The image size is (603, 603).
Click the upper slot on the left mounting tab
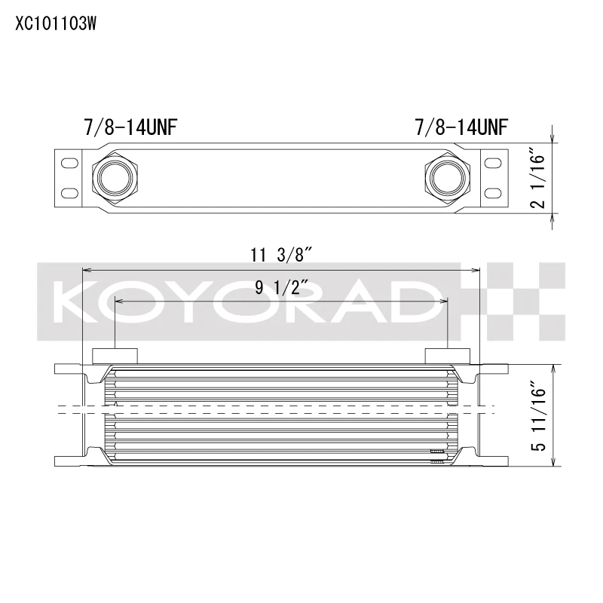pos(69,162)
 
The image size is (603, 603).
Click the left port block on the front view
pos(115,355)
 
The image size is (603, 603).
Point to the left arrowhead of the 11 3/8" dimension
pos(86,269)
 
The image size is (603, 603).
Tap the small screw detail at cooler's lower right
pos(436,453)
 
